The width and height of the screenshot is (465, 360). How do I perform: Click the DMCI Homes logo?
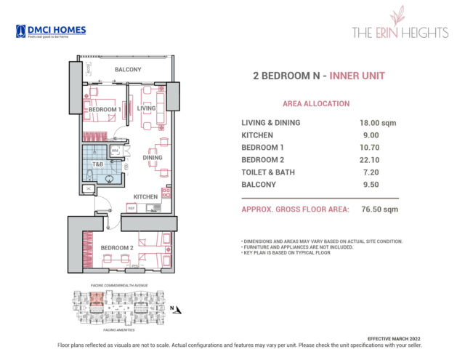click(50, 31)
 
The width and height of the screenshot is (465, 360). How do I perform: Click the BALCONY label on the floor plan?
click(128, 70)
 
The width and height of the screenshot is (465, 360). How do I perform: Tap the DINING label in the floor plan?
click(152, 157)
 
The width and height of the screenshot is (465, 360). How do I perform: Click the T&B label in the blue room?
click(97, 164)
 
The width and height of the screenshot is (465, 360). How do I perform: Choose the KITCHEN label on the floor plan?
click(145, 197)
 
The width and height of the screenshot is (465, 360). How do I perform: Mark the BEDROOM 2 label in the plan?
click(116, 248)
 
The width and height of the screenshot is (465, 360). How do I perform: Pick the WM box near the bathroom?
click(115, 151)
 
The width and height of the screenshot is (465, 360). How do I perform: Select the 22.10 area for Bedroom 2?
click(370, 159)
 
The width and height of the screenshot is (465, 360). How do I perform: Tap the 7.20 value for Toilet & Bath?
click(368, 172)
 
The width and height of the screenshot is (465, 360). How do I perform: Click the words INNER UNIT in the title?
click(359, 76)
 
